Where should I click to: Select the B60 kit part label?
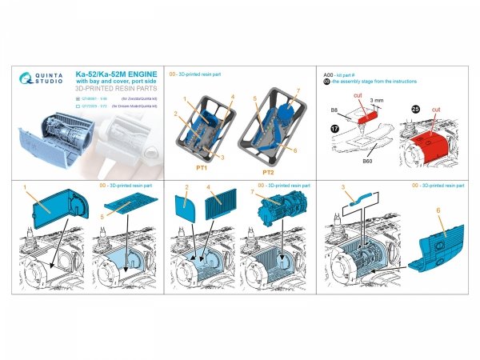point(366,161)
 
